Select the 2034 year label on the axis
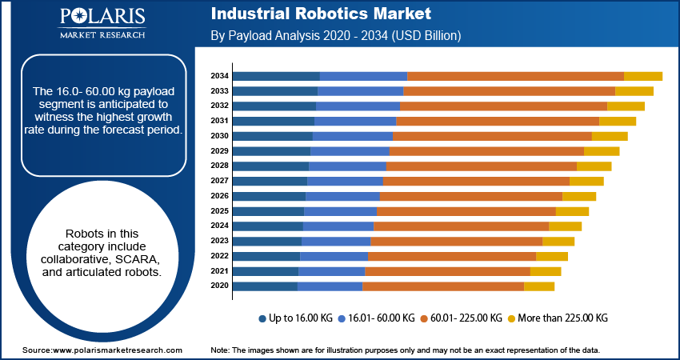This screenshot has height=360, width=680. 220,76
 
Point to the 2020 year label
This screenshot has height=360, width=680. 220,286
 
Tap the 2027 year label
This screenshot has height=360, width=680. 220,181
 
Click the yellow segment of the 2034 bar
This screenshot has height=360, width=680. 642,76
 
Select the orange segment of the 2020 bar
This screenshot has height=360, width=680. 443,286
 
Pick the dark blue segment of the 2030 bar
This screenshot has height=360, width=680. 273,136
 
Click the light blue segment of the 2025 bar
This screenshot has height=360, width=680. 340,211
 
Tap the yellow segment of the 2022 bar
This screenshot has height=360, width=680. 551,256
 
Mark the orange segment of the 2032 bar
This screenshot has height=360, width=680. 503,106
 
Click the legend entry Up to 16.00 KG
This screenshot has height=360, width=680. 296,318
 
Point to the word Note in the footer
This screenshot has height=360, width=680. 220,350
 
